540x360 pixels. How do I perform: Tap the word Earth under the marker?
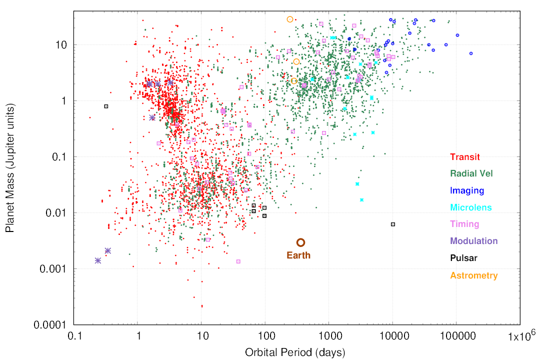click(298, 255)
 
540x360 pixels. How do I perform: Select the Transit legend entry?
click(464, 157)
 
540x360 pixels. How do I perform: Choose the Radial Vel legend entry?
click(471, 173)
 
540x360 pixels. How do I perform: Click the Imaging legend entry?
click(467, 190)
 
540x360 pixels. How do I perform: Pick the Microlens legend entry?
click(471, 207)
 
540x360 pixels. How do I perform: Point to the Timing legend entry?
click(464, 224)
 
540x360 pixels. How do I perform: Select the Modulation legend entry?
click(474, 241)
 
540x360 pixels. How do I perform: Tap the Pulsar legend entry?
click(463, 257)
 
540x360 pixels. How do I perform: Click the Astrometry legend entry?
click(474, 275)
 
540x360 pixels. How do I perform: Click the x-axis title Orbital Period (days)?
click(295, 353)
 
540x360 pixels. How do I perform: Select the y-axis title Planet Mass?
click(10, 168)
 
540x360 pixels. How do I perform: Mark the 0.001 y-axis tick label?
click(53, 268)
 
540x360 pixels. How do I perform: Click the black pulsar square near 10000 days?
click(393, 224)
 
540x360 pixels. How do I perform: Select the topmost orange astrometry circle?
click(290, 19)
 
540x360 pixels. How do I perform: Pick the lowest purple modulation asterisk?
click(98, 261)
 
